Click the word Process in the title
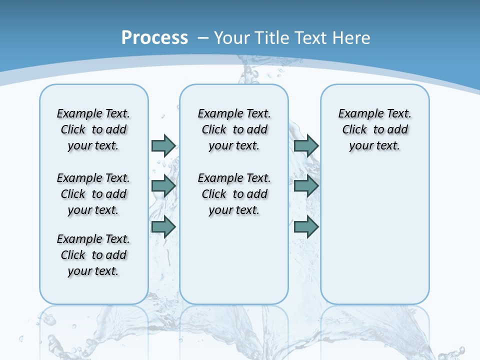(154, 37)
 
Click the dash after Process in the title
(203, 38)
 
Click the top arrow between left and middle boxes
(163, 145)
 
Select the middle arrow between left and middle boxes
(163, 186)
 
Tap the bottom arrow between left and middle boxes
(163, 227)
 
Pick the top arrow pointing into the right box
(306, 145)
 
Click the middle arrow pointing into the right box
(306, 186)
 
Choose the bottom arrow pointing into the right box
(306, 227)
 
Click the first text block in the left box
(93, 129)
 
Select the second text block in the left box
(93, 194)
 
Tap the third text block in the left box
(93, 255)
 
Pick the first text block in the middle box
(234, 129)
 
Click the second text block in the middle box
(234, 194)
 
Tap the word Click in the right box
(354, 130)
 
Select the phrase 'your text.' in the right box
(374, 146)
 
